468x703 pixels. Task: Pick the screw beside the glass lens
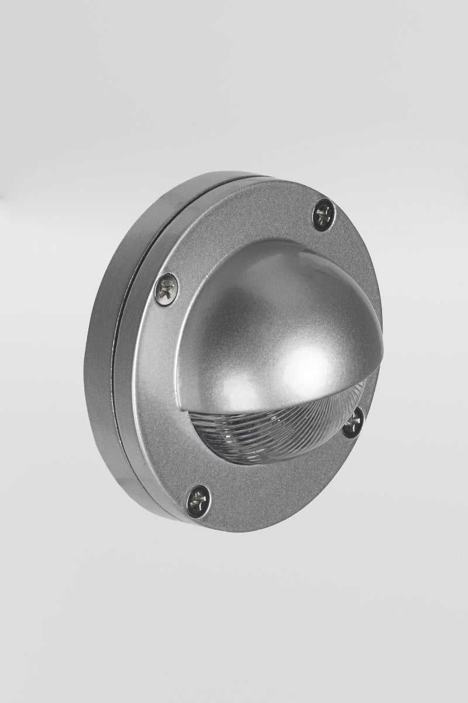tap(353, 422)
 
